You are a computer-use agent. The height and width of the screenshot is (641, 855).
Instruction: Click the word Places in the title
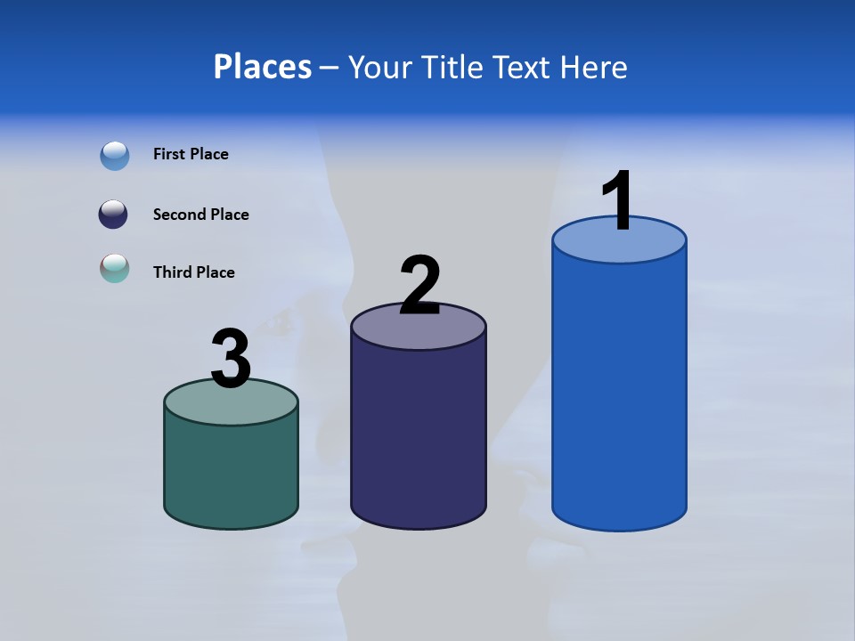point(263,67)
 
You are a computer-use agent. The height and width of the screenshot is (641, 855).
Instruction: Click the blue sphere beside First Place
point(115,156)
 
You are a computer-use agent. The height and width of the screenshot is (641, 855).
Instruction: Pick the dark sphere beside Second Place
point(113,215)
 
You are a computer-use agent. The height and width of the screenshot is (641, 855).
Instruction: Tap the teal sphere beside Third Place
point(115,268)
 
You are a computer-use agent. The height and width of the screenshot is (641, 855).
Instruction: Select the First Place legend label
point(191,154)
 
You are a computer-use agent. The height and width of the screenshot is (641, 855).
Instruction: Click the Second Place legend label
point(200,215)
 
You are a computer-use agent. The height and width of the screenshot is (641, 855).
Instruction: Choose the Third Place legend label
point(193,272)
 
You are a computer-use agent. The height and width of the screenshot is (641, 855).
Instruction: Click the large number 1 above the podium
point(618,201)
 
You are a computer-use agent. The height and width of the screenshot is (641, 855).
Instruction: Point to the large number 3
point(232,359)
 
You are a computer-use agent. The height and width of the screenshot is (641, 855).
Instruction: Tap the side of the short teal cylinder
point(231,472)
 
